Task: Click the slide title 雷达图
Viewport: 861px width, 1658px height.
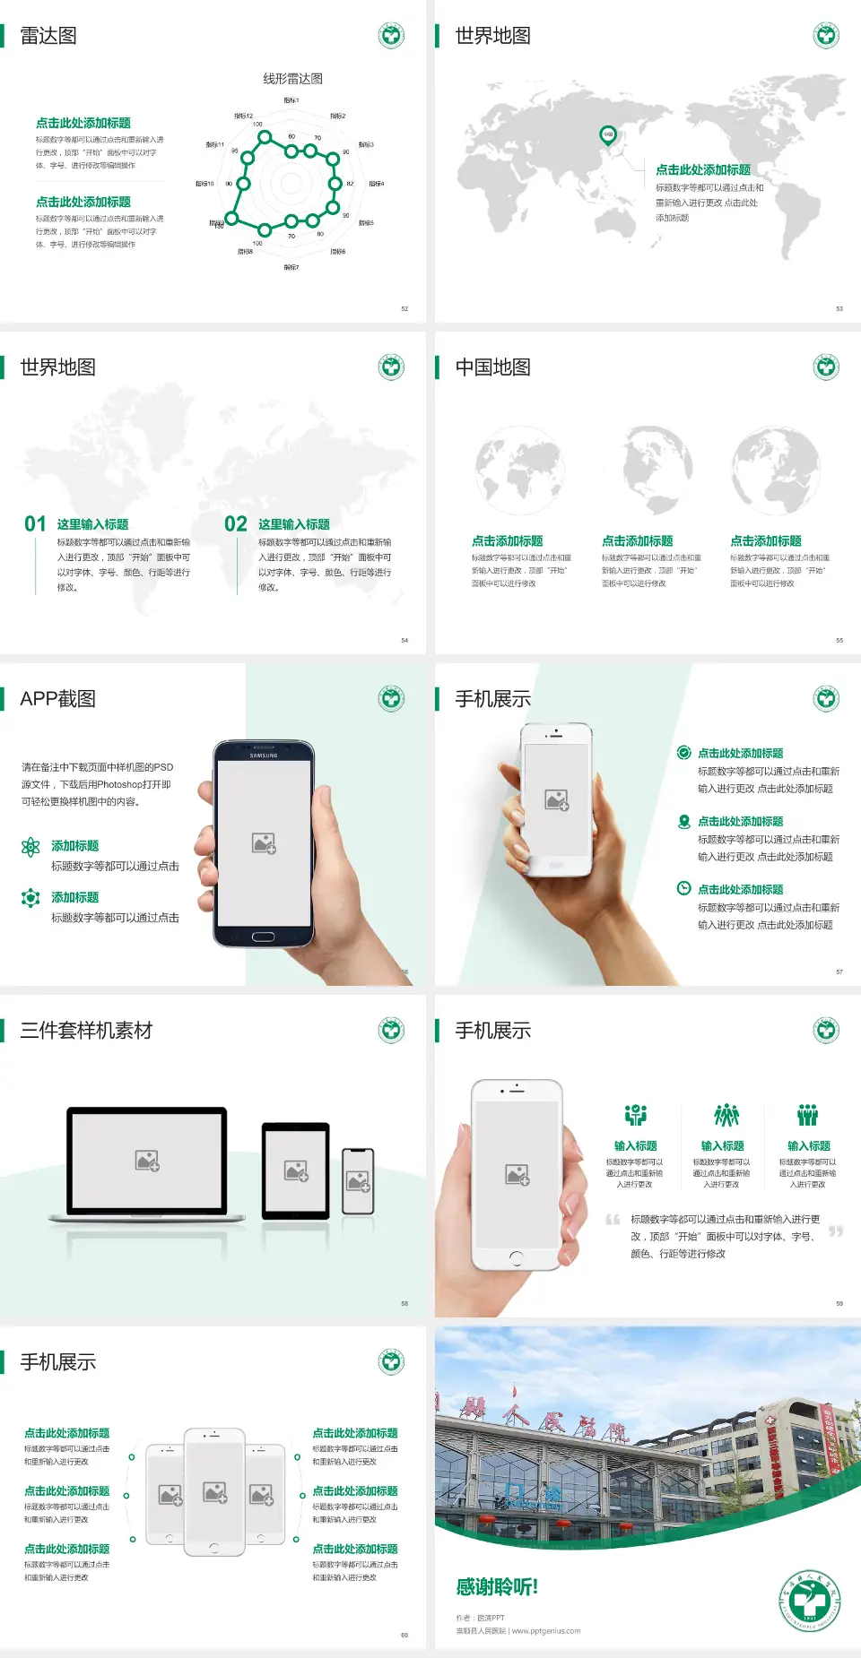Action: click(x=48, y=36)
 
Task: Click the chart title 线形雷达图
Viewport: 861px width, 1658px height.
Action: click(x=292, y=79)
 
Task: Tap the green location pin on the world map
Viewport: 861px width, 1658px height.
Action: click(x=607, y=135)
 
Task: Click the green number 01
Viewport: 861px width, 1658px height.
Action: click(x=35, y=524)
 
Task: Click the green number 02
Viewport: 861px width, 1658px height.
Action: click(x=236, y=524)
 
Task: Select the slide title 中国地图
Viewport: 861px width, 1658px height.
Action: click(x=492, y=367)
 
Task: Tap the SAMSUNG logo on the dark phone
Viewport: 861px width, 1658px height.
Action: click(x=264, y=756)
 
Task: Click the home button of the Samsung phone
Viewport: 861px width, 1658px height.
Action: click(x=263, y=937)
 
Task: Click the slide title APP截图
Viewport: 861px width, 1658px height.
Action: click(x=57, y=699)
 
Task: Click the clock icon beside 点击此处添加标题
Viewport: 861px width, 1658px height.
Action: click(x=683, y=888)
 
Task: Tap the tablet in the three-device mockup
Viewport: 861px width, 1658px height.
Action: click(x=296, y=1170)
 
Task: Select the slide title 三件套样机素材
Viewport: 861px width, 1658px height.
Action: click(x=86, y=1031)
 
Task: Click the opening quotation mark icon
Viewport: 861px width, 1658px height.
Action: click(x=613, y=1220)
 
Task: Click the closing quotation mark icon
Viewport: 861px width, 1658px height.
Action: click(x=836, y=1231)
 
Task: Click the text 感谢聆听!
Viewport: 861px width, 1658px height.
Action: click(x=497, y=1587)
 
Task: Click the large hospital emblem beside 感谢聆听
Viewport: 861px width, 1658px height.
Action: click(x=810, y=1601)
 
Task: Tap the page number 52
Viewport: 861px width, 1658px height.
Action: click(x=404, y=308)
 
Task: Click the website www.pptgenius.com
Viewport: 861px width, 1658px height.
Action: click(x=546, y=1631)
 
